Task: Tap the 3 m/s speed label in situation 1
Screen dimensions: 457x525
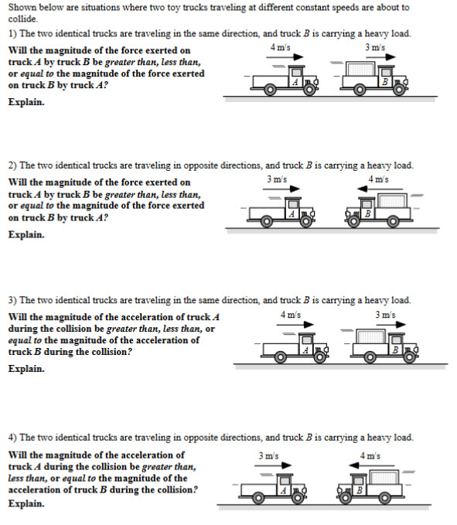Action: [x=375, y=47]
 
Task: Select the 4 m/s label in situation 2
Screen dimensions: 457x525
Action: [x=378, y=180]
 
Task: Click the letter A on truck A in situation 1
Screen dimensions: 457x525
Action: [x=295, y=82]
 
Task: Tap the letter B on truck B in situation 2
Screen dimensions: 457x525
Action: [x=368, y=213]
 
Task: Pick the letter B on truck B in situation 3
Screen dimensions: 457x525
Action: [x=396, y=350]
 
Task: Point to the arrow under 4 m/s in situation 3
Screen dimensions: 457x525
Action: [x=291, y=325]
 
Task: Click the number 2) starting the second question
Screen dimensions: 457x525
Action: [x=12, y=165]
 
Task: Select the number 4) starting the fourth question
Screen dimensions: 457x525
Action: [x=12, y=438]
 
